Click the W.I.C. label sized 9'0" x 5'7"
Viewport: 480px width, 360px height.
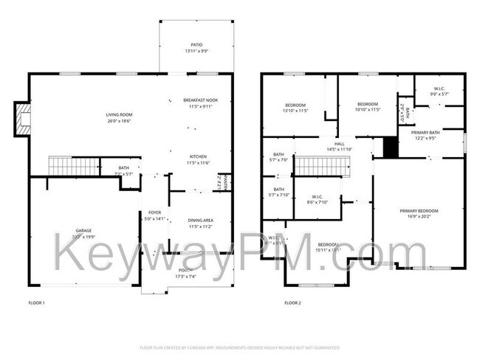439,91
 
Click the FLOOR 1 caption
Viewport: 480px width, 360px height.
37,302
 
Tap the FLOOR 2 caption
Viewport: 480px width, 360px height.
293,302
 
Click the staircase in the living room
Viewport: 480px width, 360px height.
74,166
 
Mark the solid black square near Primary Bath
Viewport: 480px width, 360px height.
390,148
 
